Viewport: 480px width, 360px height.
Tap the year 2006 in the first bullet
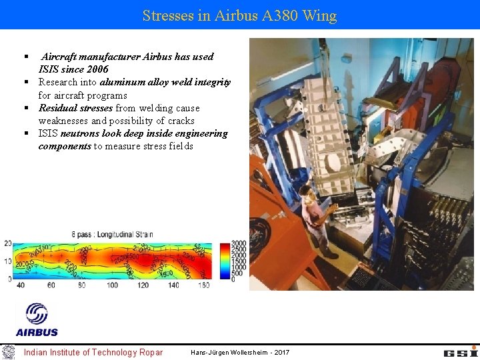coord(97,69)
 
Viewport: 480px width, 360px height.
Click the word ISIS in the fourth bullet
coord(48,133)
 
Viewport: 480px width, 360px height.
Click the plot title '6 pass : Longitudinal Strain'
coord(112,234)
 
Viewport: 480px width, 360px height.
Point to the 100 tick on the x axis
coord(112,285)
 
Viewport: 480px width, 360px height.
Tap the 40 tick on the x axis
coord(21,285)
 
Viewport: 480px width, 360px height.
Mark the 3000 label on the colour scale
coord(239,244)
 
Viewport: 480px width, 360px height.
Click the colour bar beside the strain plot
coord(225,261)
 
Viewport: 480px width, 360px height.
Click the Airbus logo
coord(37,319)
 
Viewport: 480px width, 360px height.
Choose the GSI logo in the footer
coord(461,352)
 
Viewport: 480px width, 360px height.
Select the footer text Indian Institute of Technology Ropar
coord(93,352)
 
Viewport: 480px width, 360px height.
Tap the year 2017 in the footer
coord(281,352)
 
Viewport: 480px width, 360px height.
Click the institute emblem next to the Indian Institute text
coord(8,352)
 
